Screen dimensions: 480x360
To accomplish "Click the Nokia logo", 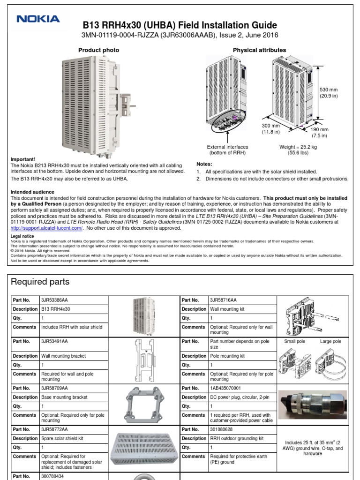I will [x=38, y=19].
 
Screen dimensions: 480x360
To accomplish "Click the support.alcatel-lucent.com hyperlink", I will [x=46, y=228].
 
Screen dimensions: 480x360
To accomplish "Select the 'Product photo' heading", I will [x=98, y=50].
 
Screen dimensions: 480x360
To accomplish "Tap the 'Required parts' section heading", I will [x=40, y=282].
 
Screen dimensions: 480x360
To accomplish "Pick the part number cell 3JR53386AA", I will [x=54, y=300].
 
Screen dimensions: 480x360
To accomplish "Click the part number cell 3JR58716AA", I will [x=224, y=300].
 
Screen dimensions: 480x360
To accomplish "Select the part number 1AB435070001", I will [x=226, y=388].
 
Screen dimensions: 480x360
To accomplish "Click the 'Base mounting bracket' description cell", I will [x=64, y=397].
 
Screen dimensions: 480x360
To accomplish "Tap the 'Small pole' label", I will [x=294, y=342].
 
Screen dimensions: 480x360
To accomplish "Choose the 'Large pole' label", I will [x=330, y=342].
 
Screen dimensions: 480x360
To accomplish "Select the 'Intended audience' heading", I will [x=32, y=192].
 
